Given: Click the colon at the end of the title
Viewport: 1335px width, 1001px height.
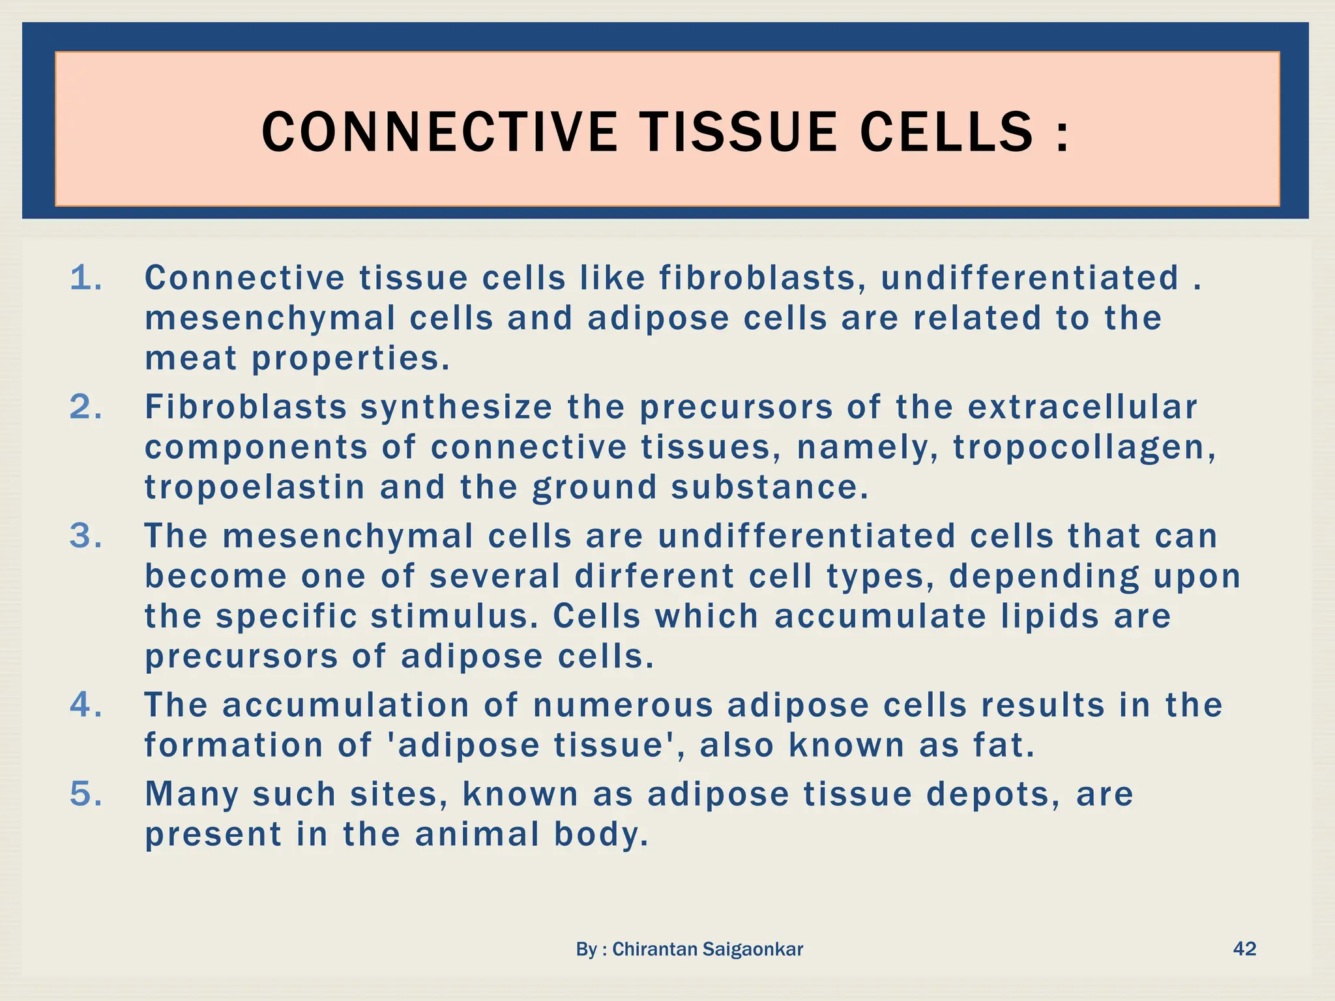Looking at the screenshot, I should pos(1063,134).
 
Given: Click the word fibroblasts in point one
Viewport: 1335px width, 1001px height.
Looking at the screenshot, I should pos(757,278).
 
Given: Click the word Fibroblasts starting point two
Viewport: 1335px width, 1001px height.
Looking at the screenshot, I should pos(246,407).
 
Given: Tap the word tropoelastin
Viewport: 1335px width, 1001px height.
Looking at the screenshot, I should pos(255,488).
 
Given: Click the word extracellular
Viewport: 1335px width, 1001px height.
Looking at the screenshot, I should pos(1082,407).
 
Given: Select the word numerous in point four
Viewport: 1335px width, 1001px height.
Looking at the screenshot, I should pos(623,706).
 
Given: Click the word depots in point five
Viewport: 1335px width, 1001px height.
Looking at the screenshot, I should pos(993,794).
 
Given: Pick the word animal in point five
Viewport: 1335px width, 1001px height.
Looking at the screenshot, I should pos(477,835).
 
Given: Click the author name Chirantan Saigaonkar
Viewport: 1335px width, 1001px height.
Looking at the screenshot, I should pos(707,950).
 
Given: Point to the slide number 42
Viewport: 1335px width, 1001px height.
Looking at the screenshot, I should pos(1244,948).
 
